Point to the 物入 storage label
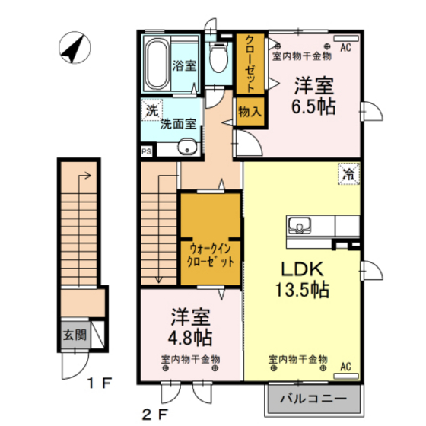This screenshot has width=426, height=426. pyautogui.click(x=250, y=111)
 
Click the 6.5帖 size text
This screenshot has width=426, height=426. pyautogui.click(x=313, y=106)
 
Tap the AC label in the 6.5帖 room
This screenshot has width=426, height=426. pyautogui.click(x=345, y=48)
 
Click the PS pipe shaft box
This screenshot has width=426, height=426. pyautogui.click(x=146, y=151)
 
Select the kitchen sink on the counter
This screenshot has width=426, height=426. pyautogui.click(x=298, y=225)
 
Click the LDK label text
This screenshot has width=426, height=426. pyautogui.click(x=304, y=270)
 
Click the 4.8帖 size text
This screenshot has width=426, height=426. pyautogui.click(x=189, y=335)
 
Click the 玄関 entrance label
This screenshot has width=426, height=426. pyautogui.click(x=75, y=334)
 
